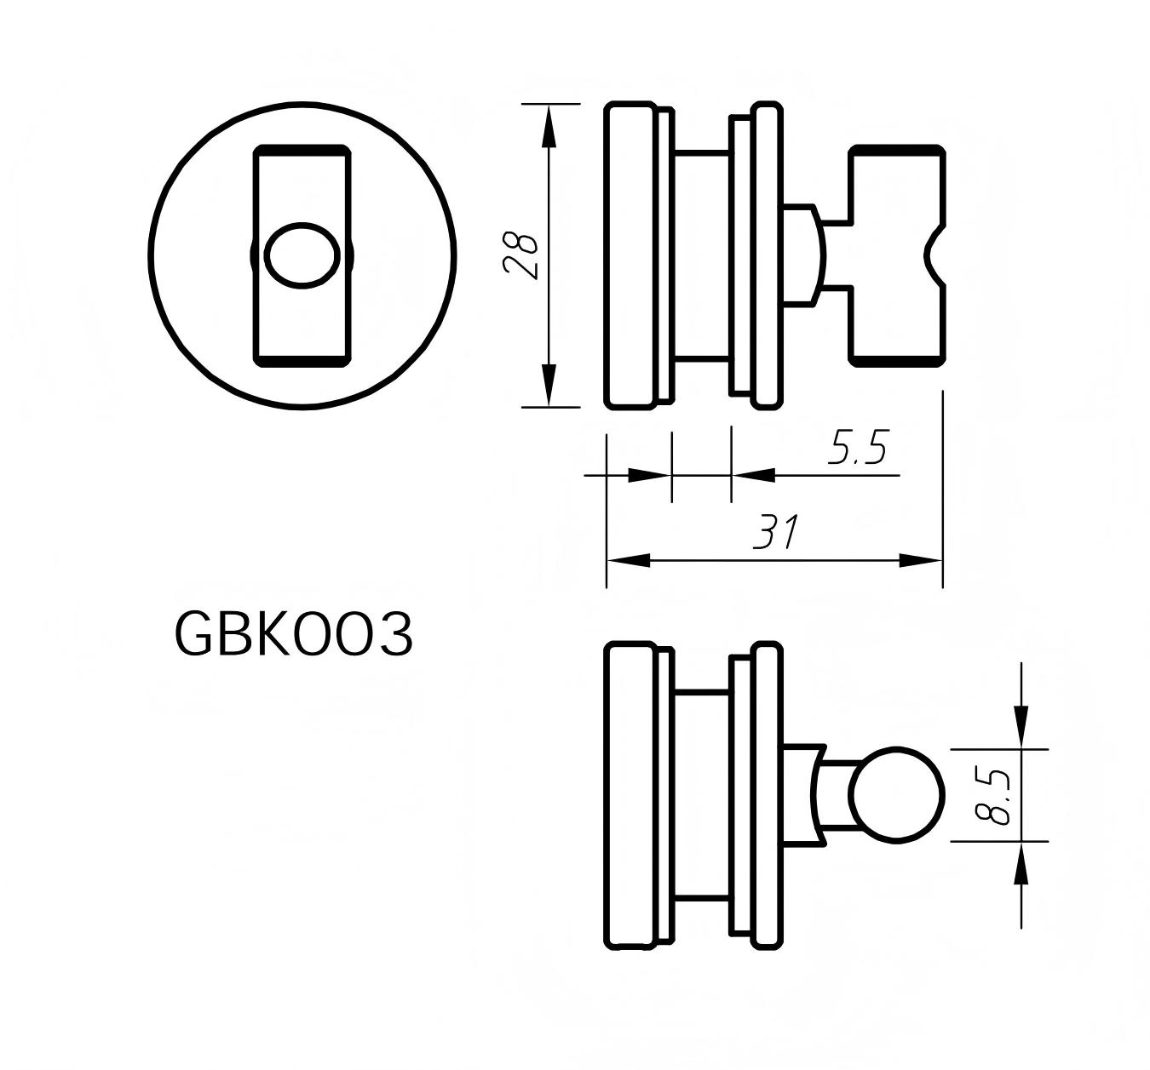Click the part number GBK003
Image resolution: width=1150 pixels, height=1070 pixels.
point(294,635)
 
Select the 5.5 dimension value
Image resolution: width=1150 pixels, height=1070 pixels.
point(858,448)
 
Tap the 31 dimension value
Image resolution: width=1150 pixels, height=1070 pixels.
point(775,534)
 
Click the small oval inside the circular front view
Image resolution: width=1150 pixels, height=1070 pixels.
point(301,255)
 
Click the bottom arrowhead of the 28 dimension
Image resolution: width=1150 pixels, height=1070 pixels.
point(549,386)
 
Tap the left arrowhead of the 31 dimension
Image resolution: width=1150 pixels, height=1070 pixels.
point(629,560)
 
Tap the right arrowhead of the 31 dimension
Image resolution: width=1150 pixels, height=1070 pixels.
point(921,560)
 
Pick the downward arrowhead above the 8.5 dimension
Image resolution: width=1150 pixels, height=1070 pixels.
point(1021,728)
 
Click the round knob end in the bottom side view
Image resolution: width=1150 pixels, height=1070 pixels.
point(897,796)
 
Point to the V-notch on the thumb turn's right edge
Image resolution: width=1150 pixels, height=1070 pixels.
point(934,255)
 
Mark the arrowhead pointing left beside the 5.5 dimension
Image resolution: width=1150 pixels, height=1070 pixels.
point(753,475)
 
